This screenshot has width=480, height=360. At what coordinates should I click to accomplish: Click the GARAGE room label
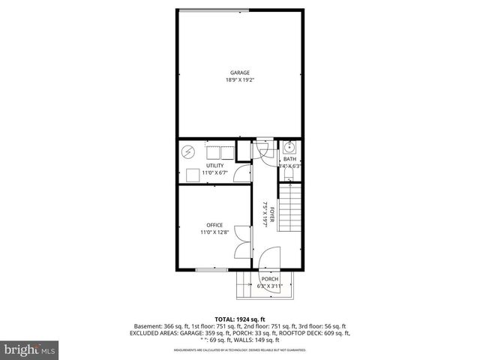coord(240,73)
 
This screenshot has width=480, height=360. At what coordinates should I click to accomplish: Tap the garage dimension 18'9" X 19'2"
coord(240,80)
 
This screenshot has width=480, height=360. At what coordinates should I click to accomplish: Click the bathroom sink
coord(289,147)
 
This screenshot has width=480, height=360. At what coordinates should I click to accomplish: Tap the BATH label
coord(289,160)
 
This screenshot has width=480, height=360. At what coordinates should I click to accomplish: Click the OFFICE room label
coord(214,225)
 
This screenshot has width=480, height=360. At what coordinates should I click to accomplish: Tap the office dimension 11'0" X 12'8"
coord(214,232)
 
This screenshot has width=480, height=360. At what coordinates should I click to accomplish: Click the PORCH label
coord(270,279)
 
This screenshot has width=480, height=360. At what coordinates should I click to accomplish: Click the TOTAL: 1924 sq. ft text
coord(240,319)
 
